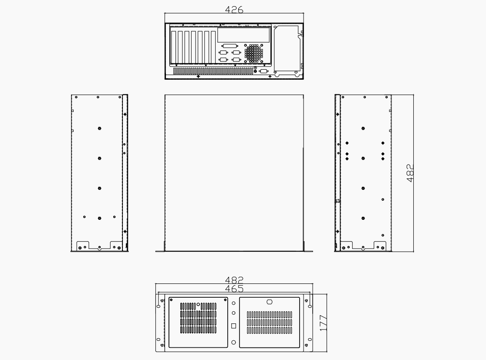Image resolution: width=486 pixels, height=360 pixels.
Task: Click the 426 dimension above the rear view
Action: pos(234,10)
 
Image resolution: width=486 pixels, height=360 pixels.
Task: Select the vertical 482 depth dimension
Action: pos(410,173)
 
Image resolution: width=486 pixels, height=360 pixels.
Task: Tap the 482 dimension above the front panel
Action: pos(234,280)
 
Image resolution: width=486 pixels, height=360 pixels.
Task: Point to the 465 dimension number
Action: pos(234,289)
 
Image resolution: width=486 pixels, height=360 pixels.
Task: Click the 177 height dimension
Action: pos(323,323)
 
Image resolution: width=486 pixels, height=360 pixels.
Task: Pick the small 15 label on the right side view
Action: pos(338,201)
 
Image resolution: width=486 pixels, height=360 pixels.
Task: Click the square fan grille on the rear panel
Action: pos(253,53)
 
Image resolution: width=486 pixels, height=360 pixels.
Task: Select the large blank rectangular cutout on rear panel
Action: pos(243,35)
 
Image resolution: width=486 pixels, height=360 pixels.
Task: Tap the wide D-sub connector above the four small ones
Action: pos(229,46)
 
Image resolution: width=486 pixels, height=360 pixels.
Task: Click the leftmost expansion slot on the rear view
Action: pos(174,47)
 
